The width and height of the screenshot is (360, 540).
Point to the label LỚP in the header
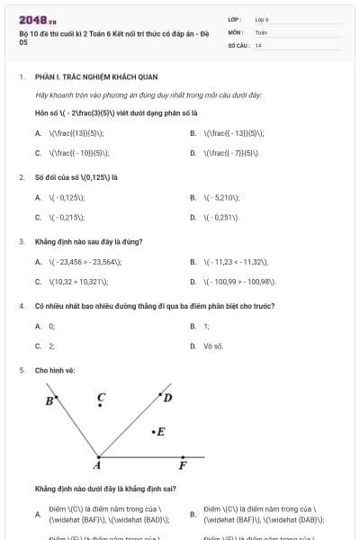(x=235, y=18)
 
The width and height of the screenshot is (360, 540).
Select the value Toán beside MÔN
(x=261, y=31)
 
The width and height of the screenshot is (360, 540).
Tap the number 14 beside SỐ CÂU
(x=258, y=45)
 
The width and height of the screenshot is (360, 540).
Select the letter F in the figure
(x=183, y=464)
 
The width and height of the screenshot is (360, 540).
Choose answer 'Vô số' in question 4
(x=213, y=346)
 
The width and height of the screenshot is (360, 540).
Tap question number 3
(x=22, y=241)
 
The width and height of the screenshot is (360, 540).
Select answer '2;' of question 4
(x=51, y=346)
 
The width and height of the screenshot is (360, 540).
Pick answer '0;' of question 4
(x=51, y=326)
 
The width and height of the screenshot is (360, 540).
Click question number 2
(x=22, y=176)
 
